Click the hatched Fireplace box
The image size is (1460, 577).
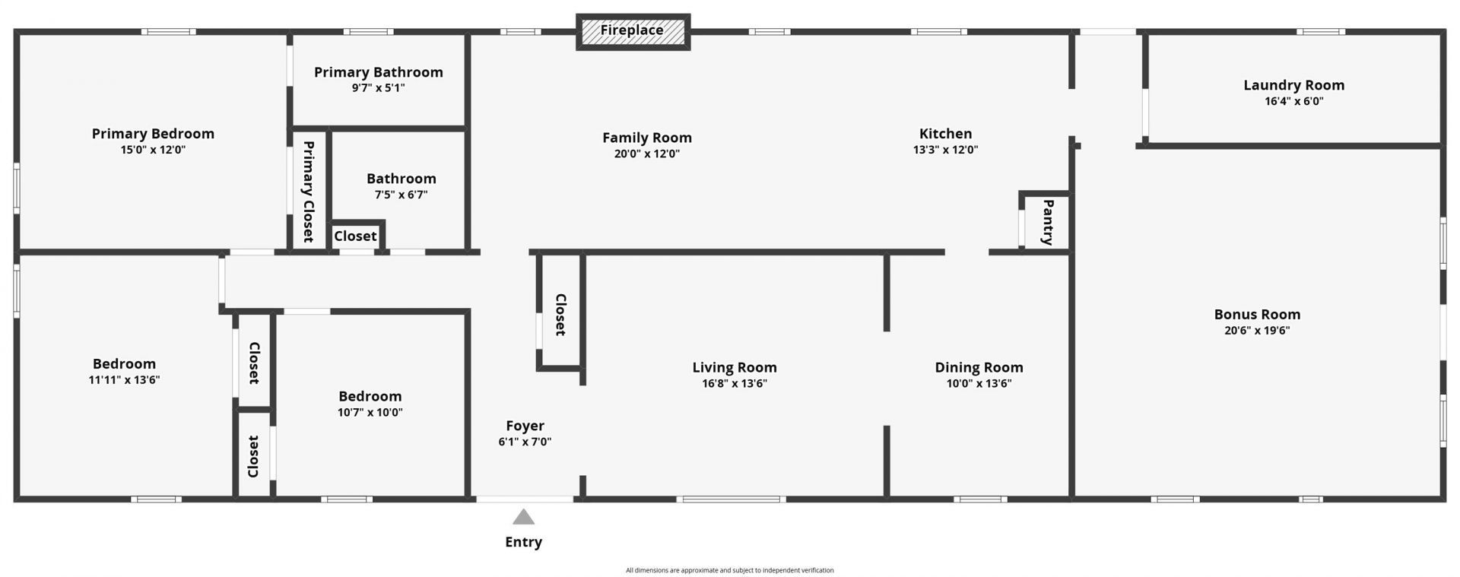coord(633,32)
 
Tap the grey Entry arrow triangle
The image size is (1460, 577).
coord(523,518)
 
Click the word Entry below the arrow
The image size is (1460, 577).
coord(523,542)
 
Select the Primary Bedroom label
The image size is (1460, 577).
coord(153,134)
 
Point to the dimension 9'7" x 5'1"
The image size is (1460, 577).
coord(378,88)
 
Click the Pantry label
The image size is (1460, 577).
coord(1048,222)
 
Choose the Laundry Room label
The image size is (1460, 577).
coord(1293,85)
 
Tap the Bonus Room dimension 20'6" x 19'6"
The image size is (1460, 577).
coord(1257,331)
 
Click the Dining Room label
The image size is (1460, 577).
coord(979,367)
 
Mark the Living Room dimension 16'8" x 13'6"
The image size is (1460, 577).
coord(735,384)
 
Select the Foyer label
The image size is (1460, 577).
coord(525,426)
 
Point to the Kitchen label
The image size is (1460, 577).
coord(945,134)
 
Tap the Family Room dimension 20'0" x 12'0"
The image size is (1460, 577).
coord(647,154)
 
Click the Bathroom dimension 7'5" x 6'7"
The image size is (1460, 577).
coord(401,195)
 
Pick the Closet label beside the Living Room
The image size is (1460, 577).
coord(560,315)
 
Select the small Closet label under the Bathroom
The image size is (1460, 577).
coord(355,236)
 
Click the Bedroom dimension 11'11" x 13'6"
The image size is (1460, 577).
coord(124,380)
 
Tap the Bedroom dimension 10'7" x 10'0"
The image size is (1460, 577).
coord(370,413)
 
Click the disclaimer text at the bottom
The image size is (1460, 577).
coord(729,570)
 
